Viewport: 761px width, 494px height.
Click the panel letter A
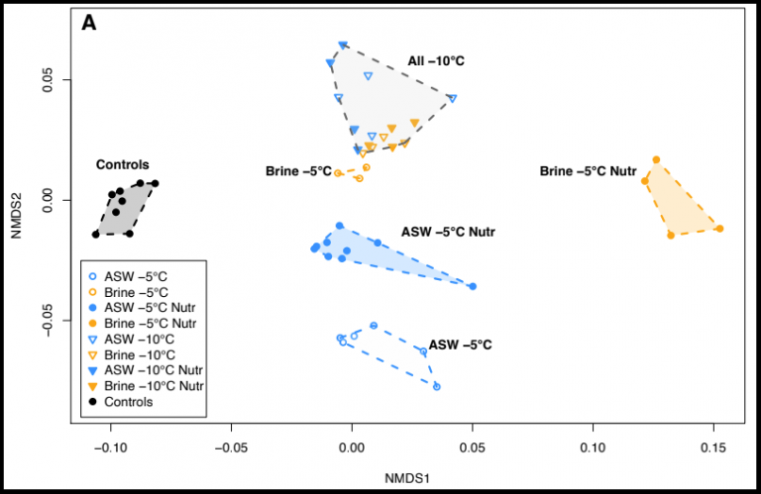click(89, 23)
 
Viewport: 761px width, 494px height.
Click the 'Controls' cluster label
click(122, 164)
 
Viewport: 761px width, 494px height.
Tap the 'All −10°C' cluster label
click(436, 61)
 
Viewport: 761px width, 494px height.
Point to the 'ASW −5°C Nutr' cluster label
click(448, 233)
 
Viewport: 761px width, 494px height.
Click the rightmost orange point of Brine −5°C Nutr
click(719, 229)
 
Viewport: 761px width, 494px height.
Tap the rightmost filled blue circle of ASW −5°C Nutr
click(473, 286)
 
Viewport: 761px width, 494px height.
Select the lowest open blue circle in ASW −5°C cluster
click(436, 386)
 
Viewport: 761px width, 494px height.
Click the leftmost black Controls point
click(96, 234)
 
